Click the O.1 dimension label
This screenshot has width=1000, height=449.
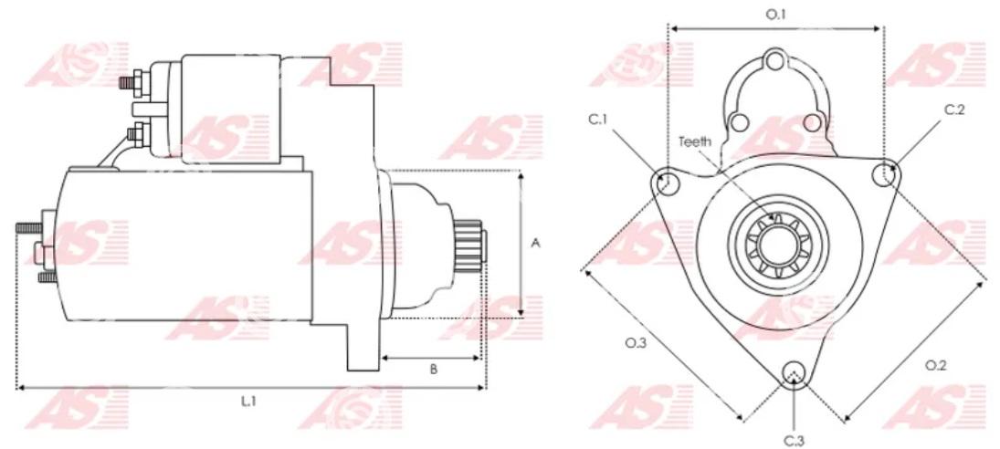tap(775, 14)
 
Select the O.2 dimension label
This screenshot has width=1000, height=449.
tap(935, 366)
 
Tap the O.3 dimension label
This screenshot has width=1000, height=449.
tap(636, 343)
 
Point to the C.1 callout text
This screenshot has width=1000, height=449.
tap(597, 120)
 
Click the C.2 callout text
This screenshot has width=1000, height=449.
tap(954, 110)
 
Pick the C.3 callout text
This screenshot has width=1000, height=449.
tap(794, 440)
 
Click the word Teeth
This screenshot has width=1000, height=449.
tap(694, 141)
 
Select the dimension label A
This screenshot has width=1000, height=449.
tap(536, 243)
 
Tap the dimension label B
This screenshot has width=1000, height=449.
tap(433, 370)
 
